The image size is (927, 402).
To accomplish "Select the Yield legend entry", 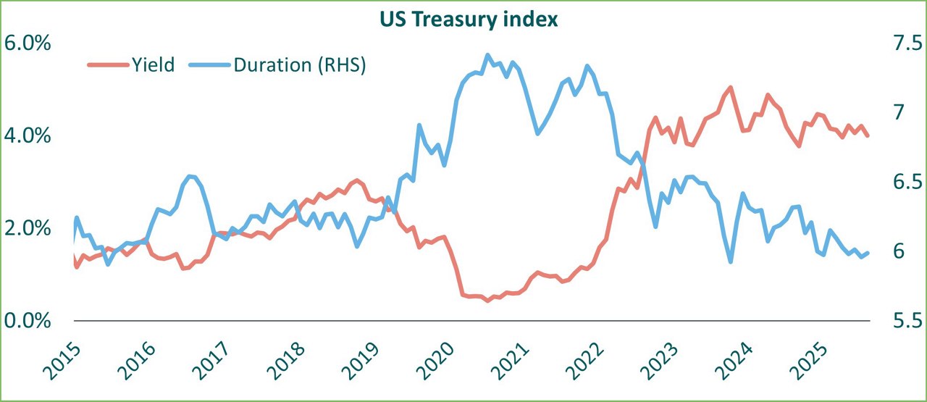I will pyautogui.click(x=153, y=64).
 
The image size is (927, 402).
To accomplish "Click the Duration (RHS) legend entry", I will pyautogui.click(x=299, y=64).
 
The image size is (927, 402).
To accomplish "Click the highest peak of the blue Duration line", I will pyautogui.click(x=487, y=54).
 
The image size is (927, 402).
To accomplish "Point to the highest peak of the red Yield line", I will pyautogui.click(x=730, y=87).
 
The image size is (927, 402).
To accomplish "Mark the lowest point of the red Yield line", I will pyautogui.click(x=487, y=301).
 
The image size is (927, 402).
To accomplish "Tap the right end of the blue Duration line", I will pyautogui.click(x=868, y=253).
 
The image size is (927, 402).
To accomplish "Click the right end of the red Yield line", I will pyautogui.click(x=868, y=135).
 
